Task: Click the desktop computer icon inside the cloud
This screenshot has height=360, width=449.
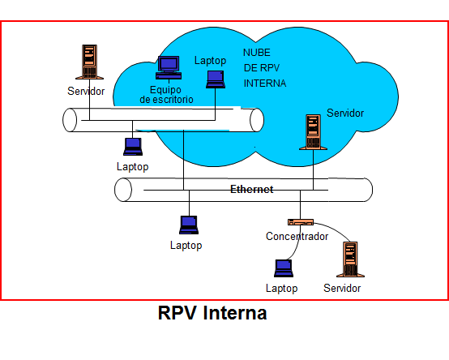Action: (x=169, y=67)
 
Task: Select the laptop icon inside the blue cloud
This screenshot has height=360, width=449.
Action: (x=216, y=79)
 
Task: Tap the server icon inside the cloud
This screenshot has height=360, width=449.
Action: (x=313, y=132)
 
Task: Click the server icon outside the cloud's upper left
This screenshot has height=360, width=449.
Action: (x=89, y=62)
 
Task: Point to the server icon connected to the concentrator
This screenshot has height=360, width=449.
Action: (x=350, y=259)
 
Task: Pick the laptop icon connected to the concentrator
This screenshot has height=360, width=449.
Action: (x=284, y=268)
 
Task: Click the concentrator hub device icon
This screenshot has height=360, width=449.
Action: (x=301, y=222)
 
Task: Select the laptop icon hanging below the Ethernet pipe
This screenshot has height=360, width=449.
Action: (x=189, y=225)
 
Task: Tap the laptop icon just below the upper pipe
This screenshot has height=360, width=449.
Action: (x=133, y=147)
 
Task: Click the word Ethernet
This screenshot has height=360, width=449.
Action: (x=252, y=189)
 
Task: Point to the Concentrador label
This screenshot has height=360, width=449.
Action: (x=297, y=236)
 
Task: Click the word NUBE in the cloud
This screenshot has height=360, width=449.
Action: (x=257, y=53)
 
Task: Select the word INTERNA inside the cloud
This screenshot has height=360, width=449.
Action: (x=265, y=84)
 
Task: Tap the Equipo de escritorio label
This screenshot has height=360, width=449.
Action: (x=166, y=95)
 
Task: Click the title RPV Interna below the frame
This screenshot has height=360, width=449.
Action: (x=212, y=313)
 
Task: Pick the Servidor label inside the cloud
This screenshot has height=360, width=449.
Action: (x=345, y=114)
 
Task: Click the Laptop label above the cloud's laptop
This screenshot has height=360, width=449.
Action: (x=210, y=61)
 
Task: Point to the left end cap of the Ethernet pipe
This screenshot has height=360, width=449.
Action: (x=123, y=190)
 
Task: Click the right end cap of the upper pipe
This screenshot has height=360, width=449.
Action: (x=257, y=120)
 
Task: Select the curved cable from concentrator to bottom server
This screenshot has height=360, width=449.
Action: (x=335, y=229)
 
